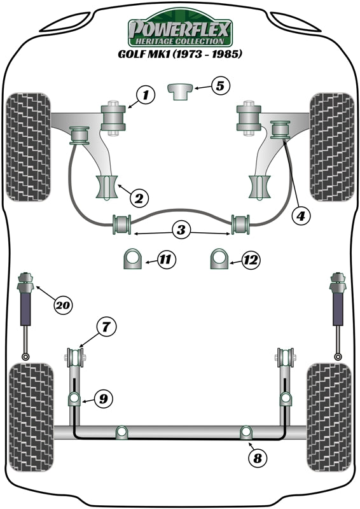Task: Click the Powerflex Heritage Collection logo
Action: pos(180,31)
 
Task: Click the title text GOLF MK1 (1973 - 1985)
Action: pos(180,54)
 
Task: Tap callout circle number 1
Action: pos(145,96)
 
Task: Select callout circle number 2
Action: pos(137,198)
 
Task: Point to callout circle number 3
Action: pos(181,230)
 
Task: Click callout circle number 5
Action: pos(219,85)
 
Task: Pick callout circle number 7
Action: pos(106,328)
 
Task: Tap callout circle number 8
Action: pos(258,458)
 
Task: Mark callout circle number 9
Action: pos(102,399)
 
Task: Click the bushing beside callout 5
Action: pos(180,90)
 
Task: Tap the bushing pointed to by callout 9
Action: pos(74,400)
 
